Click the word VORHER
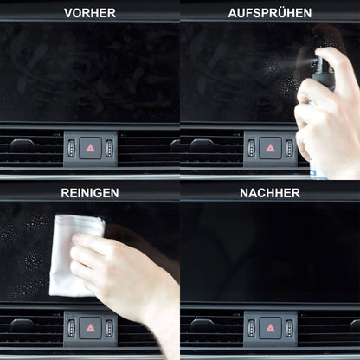click(90, 13)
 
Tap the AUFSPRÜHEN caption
click(269, 13)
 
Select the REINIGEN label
click(90, 192)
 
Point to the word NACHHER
click(269, 192)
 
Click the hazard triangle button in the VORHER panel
click(90, 148)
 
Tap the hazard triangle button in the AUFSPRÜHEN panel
click(270, 148)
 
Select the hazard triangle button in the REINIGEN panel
click(90, 328)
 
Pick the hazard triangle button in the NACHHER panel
click(270, 328)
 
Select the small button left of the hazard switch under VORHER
click(71, 148)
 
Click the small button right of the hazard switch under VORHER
click(109, 148)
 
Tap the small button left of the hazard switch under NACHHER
click(251, 328)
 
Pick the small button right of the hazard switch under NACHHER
click(289, 328)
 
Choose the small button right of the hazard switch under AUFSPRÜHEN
click(289, 148)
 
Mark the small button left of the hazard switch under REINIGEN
click(71, 328)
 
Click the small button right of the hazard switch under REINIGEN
click(109, 328)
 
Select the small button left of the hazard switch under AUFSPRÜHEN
click(251, 148)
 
